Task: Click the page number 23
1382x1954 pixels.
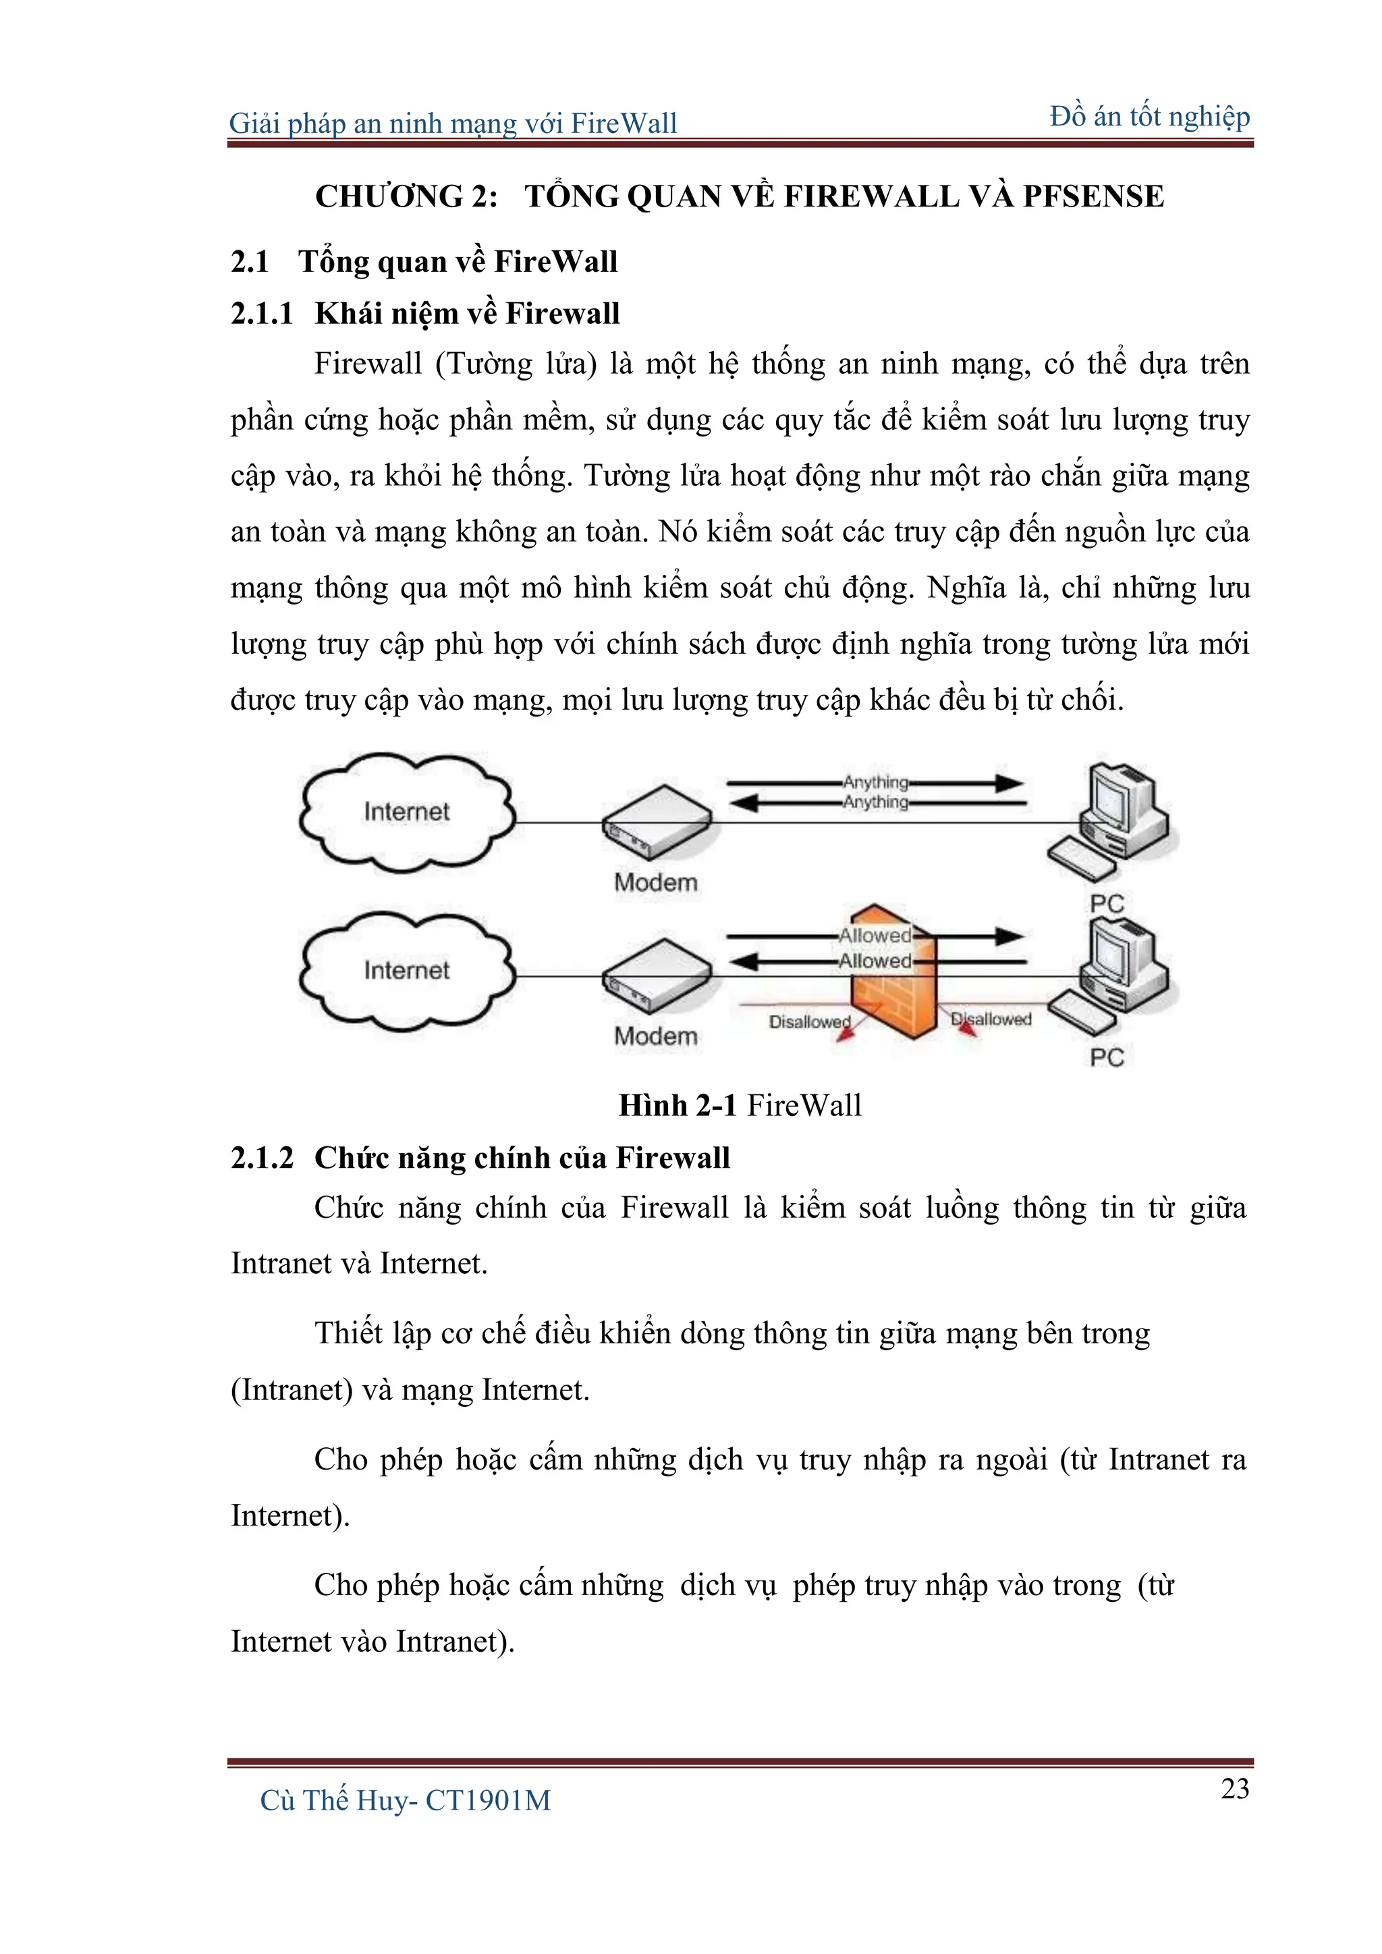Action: [1235, 1788]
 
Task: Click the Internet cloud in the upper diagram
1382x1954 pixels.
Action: [407, 811]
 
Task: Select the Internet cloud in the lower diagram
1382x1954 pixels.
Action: [407, 970]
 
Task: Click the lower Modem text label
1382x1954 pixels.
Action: [656, 1036]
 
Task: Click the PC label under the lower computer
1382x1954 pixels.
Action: [1107, 1057]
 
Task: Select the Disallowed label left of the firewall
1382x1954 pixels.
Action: [808, 1022]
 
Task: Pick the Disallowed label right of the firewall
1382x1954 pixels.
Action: [991, 1019]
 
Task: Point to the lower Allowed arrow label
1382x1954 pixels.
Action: [875, 961]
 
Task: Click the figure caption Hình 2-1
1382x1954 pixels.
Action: [678, 1105]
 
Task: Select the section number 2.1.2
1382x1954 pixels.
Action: [261, 1157]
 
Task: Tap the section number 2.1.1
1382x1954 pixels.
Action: [261, 313]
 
